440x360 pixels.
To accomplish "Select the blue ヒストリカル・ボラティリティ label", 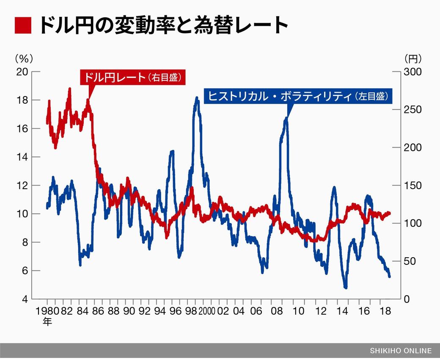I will pos(298,96).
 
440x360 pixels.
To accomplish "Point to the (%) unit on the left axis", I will pos(23,58).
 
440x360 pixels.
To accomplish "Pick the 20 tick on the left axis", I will pos(22,71).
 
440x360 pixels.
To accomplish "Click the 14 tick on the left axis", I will pos(22,157).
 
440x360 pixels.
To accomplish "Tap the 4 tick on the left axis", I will pos(25,299).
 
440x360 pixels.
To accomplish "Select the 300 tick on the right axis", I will pos(412,71).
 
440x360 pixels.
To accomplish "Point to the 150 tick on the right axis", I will pos(412,185).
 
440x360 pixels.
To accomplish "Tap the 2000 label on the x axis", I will pos(207,311).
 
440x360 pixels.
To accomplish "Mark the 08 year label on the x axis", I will pos(277,311).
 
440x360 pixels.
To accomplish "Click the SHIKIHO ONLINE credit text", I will pos(401,351).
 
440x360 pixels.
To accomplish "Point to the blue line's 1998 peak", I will pos(197,98).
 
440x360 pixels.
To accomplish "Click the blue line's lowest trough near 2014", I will pos(346,287).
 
